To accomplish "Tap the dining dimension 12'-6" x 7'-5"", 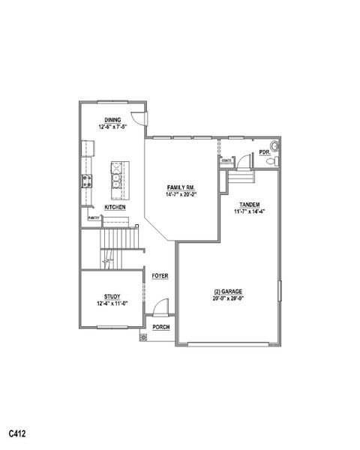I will point(112,127).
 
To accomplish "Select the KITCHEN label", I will point(115,207).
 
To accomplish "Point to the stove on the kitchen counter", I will point(86,180).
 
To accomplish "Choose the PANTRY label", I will point(94,217).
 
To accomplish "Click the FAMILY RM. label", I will point(180,187).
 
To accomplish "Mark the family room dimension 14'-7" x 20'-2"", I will point(180,194).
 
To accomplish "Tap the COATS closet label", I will point(225,160).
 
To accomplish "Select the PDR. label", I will point(264,152).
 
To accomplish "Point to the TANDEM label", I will point(249,204).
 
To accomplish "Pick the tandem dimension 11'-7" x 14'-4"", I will point(249,211).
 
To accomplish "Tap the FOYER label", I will point(160,276).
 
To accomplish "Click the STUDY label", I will point(112,297).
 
